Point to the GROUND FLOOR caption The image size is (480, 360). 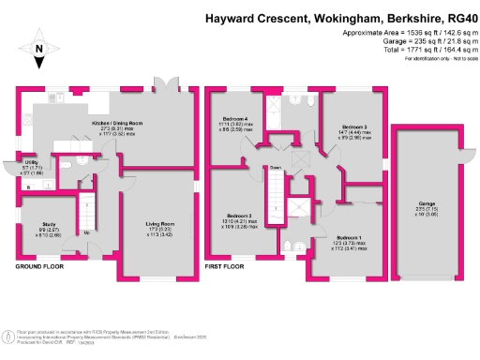tap(39, 266)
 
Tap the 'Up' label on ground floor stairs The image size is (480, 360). tap(87, 232)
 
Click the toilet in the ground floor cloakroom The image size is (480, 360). tap(83, 161)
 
